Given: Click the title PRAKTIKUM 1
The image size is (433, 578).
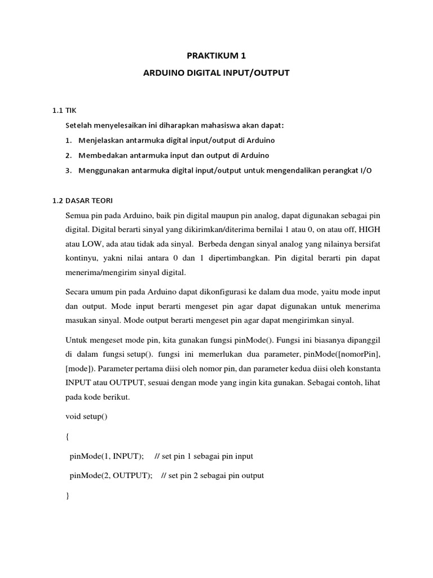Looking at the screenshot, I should tap(216, 56).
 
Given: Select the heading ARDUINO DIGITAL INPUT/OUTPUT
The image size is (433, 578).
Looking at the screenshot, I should tap(216, 73).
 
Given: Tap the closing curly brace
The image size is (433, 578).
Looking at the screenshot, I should tap(68, 495).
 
